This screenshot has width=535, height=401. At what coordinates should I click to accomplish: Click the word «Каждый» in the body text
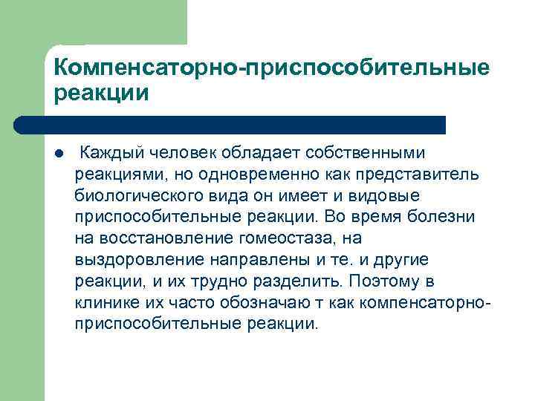tap(111, 153)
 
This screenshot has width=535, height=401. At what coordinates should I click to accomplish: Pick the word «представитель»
tap(416, 175)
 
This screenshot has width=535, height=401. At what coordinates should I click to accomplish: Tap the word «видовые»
tap(386, 196)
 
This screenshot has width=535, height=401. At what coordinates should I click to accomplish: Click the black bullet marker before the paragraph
tap(59, 154)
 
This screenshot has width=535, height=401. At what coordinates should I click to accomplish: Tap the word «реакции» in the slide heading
tap(101, 94)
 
